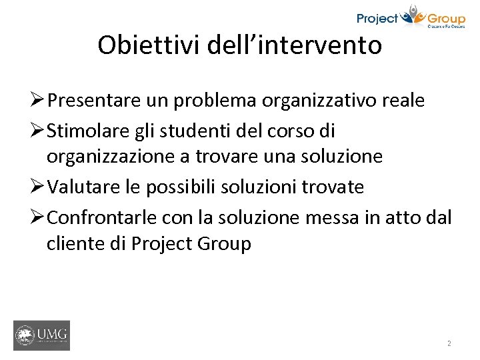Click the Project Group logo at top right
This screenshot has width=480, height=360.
point(411,17)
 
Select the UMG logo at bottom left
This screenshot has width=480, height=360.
point(41,335)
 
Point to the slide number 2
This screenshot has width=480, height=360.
point(449,343)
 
